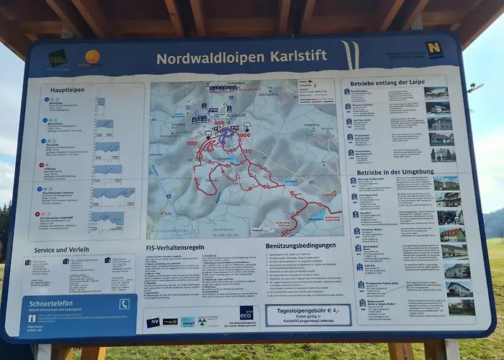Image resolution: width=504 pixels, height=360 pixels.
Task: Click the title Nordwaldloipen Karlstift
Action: pos(241,56)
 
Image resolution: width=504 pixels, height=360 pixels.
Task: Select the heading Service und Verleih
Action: pos(60,251)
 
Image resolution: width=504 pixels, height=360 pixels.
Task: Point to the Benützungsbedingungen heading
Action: pos(299,246)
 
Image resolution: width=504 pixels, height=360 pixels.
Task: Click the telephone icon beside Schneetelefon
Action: pos(124,304)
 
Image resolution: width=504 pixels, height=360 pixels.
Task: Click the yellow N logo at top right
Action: pos(434,50)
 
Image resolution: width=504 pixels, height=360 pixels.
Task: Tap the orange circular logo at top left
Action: pos(92,56)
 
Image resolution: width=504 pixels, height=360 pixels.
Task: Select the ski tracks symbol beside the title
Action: pos(349,55)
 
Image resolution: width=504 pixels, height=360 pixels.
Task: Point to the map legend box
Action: pos(317,91)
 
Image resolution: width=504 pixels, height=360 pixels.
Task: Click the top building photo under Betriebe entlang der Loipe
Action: pos(436,93)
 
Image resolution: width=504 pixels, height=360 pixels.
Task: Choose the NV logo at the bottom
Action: pos(153,322)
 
